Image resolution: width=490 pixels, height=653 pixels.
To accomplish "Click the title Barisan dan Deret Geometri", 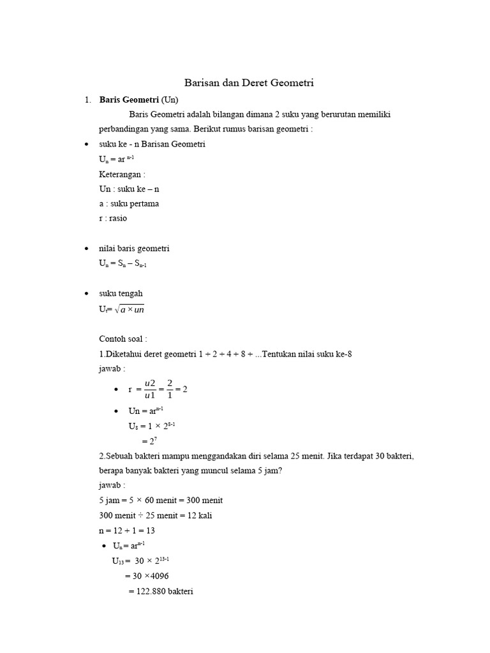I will point(249,83).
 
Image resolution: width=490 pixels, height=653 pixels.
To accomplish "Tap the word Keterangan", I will point(121,174).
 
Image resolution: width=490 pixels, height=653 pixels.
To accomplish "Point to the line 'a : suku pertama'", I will point(129,203).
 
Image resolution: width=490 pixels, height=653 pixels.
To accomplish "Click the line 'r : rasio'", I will point(114,218).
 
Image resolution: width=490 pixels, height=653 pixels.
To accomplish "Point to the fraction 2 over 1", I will point(170,389).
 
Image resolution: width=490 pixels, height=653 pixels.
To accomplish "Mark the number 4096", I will point(156,576).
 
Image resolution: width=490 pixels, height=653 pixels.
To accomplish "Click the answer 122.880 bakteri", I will point(161,591).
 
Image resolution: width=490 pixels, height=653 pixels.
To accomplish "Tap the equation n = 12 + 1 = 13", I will point(128,531).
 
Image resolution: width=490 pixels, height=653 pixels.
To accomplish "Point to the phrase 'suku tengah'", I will point(121,293).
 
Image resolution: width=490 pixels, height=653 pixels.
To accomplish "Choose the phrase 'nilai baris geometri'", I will point(134,248).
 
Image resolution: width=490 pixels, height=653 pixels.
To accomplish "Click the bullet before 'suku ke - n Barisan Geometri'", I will point(86,145).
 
